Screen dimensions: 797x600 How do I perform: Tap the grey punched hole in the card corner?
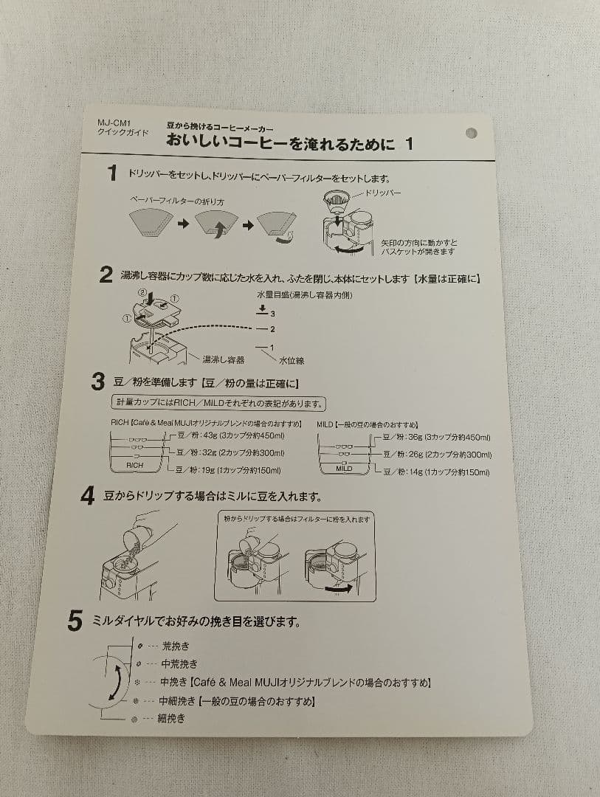tap(472, 134)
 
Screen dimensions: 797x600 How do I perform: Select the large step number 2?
tap(106, 276)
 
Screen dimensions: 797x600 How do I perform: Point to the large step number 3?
tap(97, 382)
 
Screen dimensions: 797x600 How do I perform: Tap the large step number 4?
tap(88, 496)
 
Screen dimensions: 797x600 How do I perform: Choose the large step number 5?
tap(75, 621)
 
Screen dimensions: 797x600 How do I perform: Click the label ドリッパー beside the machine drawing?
tap(383, 193)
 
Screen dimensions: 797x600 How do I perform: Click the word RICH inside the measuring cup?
tap(135, 466)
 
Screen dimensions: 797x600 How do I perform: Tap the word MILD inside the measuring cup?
tap(344, 469)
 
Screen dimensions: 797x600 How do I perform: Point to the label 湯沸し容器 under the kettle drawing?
tap(224, 359)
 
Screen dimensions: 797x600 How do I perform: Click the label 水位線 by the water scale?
tap(292, 360)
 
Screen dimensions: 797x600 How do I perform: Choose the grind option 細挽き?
tap(171, 718)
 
